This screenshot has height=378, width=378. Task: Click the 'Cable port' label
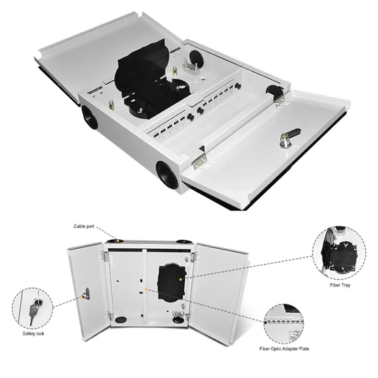pyautogui.click(x=84, y=226)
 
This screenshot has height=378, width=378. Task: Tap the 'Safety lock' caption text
pyautogui.click(x=33, y=333)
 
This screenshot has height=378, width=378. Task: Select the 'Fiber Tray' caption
pyautogui.click(x=340, y=285)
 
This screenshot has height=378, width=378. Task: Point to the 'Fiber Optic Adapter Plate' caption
pyautogui.click(x=284, y=348)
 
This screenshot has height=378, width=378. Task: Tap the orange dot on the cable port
pyautogui.click(x=118, y=240)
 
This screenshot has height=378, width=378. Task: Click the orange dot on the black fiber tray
pyautogui.click(x=181, y=279)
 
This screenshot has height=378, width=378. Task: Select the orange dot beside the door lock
pyautogui.click(x=81, y=297)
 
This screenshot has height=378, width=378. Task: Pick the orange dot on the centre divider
pyautogui.click(x=146, y=289)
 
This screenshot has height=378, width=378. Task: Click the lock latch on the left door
pyautogui.click(x=87, y=294)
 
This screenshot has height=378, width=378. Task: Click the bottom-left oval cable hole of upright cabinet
pyautogui.click(x=120, y=320)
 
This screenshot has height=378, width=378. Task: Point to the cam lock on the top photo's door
pyautogui.click(x=290, y=137)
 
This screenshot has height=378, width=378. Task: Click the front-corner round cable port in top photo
pyautogui.click(x=167, y=175)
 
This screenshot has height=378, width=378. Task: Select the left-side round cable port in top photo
pyautogui.click(x=89, y=118)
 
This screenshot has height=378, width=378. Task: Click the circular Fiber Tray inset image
pyautogui.click(x=340, y=253)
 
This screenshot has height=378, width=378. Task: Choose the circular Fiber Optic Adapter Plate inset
pyautogui.click(x=283, y=324)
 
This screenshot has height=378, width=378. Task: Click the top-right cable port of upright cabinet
pyautogui.click(x=184, y=241)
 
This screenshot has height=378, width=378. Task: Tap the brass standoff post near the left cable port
pyautogui.click(x=111, y=104)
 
